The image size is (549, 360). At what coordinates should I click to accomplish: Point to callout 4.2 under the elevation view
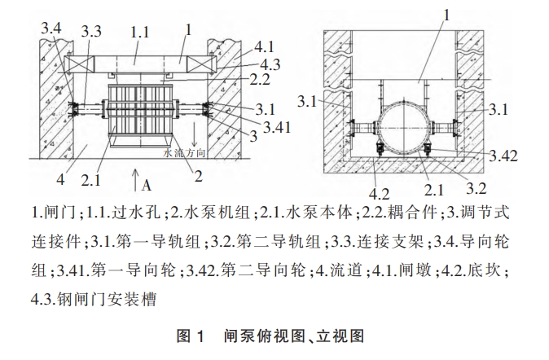click(x=380, y=193)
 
